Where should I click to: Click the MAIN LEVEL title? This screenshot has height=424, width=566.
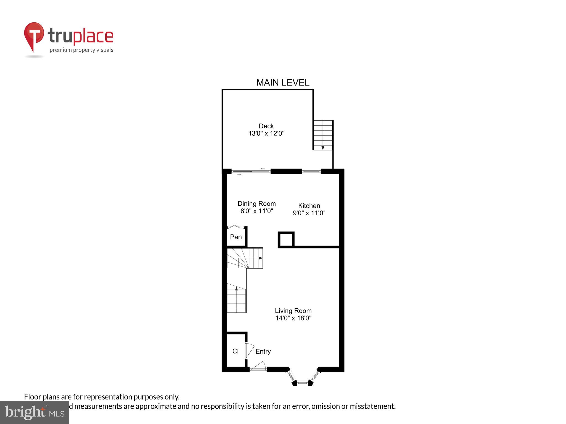click(283, 83)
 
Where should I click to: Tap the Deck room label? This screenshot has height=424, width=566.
click(266, 126)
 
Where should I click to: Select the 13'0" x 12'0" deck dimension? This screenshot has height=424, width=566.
click(266, 134)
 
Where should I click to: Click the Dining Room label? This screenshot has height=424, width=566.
click(256, 204)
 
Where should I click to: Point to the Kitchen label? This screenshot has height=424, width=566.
click(309, 206)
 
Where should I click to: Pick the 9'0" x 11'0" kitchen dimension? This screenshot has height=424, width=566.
click(309, 213)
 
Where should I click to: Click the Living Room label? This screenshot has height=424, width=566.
click(293, 311)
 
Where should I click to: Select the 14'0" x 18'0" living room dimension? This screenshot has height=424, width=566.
click(293, 318)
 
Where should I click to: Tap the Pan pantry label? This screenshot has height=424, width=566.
click(236, 237)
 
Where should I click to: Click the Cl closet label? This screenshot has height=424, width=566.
click(235, 351)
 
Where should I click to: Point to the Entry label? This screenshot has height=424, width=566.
click(263, 351)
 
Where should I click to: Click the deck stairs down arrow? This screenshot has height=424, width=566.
click(323, 148)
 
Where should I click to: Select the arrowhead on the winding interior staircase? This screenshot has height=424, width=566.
click(261, 258)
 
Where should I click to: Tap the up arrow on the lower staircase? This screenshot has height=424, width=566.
click(236, 289)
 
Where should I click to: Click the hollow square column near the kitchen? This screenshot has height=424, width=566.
click(286, 239)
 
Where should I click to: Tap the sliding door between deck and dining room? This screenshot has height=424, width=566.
click(251, 171)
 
